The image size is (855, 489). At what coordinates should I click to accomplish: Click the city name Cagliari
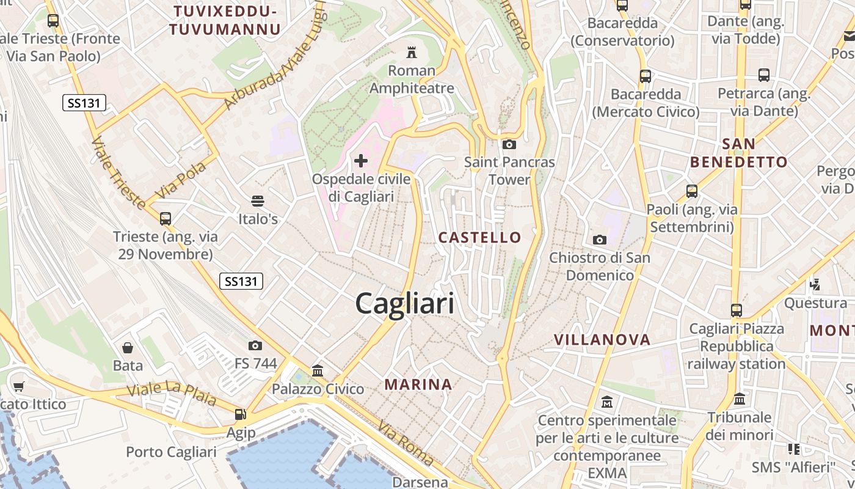pos(405,303)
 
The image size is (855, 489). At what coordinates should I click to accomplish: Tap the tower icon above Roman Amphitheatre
pos(411,51)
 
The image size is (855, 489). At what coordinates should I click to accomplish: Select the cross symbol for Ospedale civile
pos(361,161)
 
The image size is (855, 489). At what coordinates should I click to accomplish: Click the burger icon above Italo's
pos(258,200)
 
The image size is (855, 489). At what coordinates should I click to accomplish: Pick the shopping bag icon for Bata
pos(128,348)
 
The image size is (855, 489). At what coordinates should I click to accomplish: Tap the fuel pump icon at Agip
pos(241,414)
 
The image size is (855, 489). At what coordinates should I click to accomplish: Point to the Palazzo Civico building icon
pos(318,370)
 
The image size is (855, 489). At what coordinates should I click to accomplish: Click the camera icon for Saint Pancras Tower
pos(509,145)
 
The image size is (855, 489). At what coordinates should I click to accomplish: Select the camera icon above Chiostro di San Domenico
pos(600,240)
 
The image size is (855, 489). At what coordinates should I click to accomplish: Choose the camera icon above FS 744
pos(255,345)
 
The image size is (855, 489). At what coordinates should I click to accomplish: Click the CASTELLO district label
pos(480,238)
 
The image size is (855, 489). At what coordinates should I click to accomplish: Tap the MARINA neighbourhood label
pos(418,384)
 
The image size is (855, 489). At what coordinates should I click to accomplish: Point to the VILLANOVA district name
pos(602,340)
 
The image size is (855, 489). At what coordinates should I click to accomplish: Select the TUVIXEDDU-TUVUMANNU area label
pos(225,20)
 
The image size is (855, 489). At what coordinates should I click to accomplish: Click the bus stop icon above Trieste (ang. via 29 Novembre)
pos(165,218)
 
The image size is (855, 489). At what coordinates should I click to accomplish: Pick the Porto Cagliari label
pos(171,452)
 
